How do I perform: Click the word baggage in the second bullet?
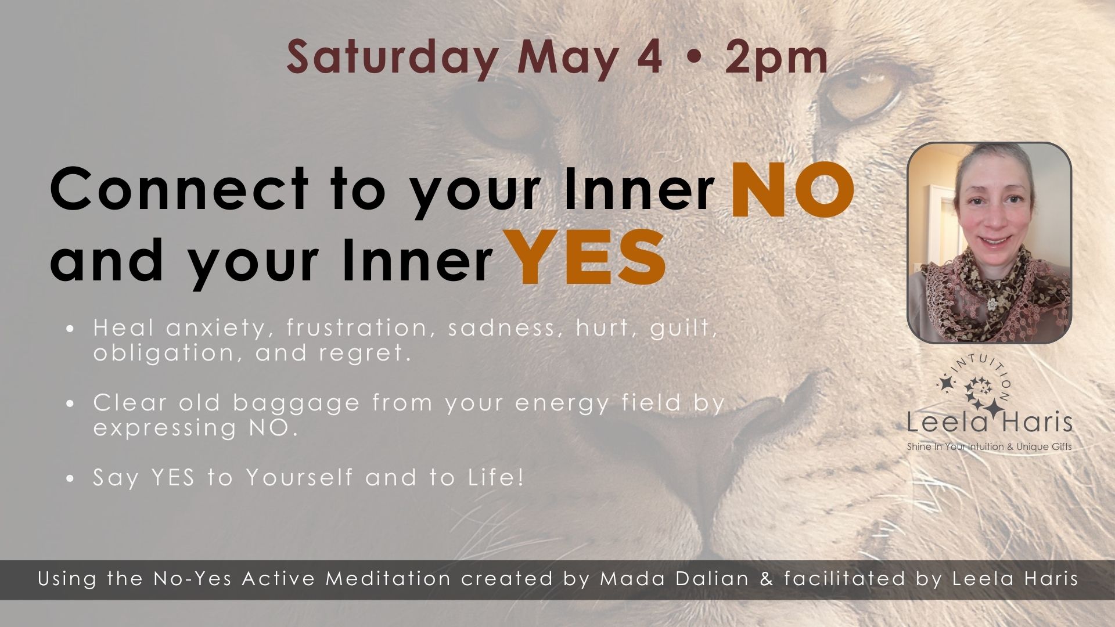click(x=296, y=402)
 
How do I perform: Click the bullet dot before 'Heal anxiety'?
click(x=70, y=329)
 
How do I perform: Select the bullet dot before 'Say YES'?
click(x=70, y=479)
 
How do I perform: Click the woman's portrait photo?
click(x=989, y=243)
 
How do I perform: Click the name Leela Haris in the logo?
click(x=989, y=423)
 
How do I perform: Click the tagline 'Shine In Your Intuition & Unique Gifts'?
click(x=989, y=447)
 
